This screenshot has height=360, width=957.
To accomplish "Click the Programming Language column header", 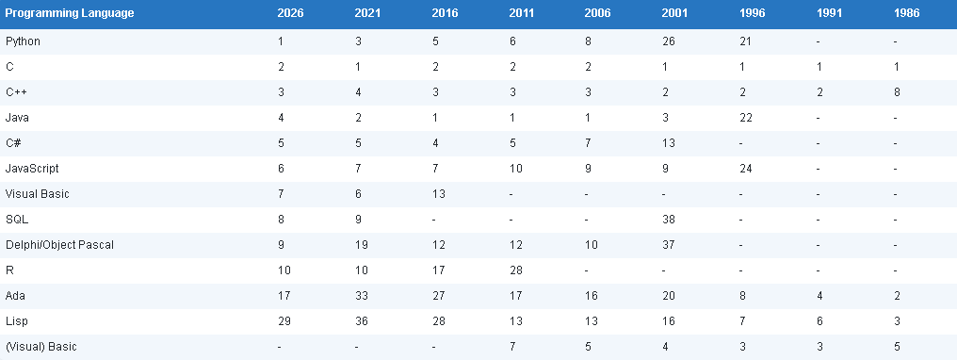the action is click(70, 13).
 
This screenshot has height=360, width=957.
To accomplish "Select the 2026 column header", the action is click(290, 13).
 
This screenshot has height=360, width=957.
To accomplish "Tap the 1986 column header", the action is click(906, 13).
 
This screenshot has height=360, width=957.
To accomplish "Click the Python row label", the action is click(23, 41).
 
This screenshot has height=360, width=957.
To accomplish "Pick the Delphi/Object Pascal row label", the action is click(59, 245).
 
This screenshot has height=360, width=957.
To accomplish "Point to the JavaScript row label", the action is click(32, 169).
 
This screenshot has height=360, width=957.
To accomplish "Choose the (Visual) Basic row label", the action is click(41, 347).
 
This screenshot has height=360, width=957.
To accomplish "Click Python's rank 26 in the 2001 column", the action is click(669, 41).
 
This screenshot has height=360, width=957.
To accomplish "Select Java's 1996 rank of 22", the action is click(746, 118).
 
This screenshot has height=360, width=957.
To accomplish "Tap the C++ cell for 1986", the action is click(896, 92).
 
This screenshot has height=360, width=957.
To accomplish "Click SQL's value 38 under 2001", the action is click(669, 220).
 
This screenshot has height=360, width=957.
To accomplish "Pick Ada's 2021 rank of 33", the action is click(362, 296).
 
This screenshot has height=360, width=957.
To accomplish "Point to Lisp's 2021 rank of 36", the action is click(362, 321).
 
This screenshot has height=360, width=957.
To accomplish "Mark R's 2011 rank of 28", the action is click(516, 270).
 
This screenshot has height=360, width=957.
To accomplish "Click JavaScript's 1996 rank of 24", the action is click(746, 169).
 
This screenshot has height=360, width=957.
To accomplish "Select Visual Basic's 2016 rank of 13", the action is click(438, 194).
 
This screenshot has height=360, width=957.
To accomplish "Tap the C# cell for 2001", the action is click(669, 143).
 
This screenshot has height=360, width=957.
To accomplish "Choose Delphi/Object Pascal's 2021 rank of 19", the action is click(362, 245).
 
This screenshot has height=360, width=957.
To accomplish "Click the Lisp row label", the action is click(16, 321).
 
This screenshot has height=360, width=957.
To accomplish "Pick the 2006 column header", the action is click(597, 13).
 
